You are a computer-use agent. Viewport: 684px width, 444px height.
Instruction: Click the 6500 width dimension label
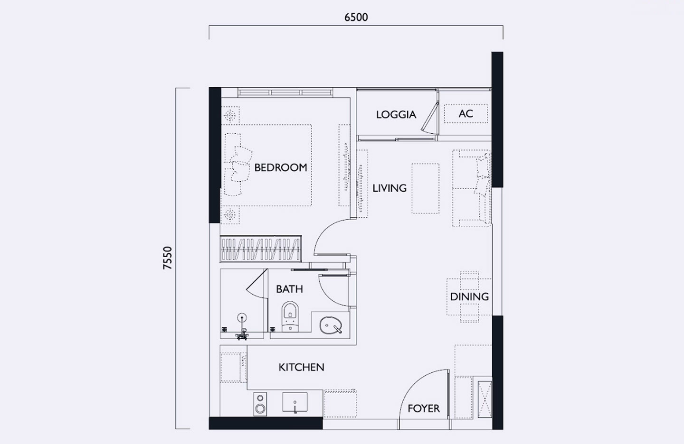click(356, 18)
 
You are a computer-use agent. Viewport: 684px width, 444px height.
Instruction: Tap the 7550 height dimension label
click(168, 259)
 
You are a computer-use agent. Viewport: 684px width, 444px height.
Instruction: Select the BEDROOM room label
click(280, 167)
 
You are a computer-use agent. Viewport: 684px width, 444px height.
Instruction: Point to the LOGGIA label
click(396, 114)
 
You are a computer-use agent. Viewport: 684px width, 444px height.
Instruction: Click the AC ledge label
click(465, 114)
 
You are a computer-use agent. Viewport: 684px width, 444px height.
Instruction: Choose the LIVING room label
click(389, 188)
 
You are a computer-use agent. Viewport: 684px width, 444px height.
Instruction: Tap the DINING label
click(469, 297)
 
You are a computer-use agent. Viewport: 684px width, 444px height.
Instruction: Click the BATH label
click(289, 289)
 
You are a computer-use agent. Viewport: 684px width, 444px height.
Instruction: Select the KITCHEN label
click(301, 367)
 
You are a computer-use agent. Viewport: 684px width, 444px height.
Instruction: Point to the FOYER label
click(423, 408)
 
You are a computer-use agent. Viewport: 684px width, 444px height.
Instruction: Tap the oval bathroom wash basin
click(331, 325)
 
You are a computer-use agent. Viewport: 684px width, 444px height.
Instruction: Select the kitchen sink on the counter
click(294, 403)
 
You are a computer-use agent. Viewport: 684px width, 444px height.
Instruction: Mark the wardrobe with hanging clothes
click(260, 249)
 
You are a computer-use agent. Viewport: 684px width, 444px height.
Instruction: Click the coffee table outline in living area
click(425, 188)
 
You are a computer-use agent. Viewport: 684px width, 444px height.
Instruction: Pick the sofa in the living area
click(472, 188)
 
